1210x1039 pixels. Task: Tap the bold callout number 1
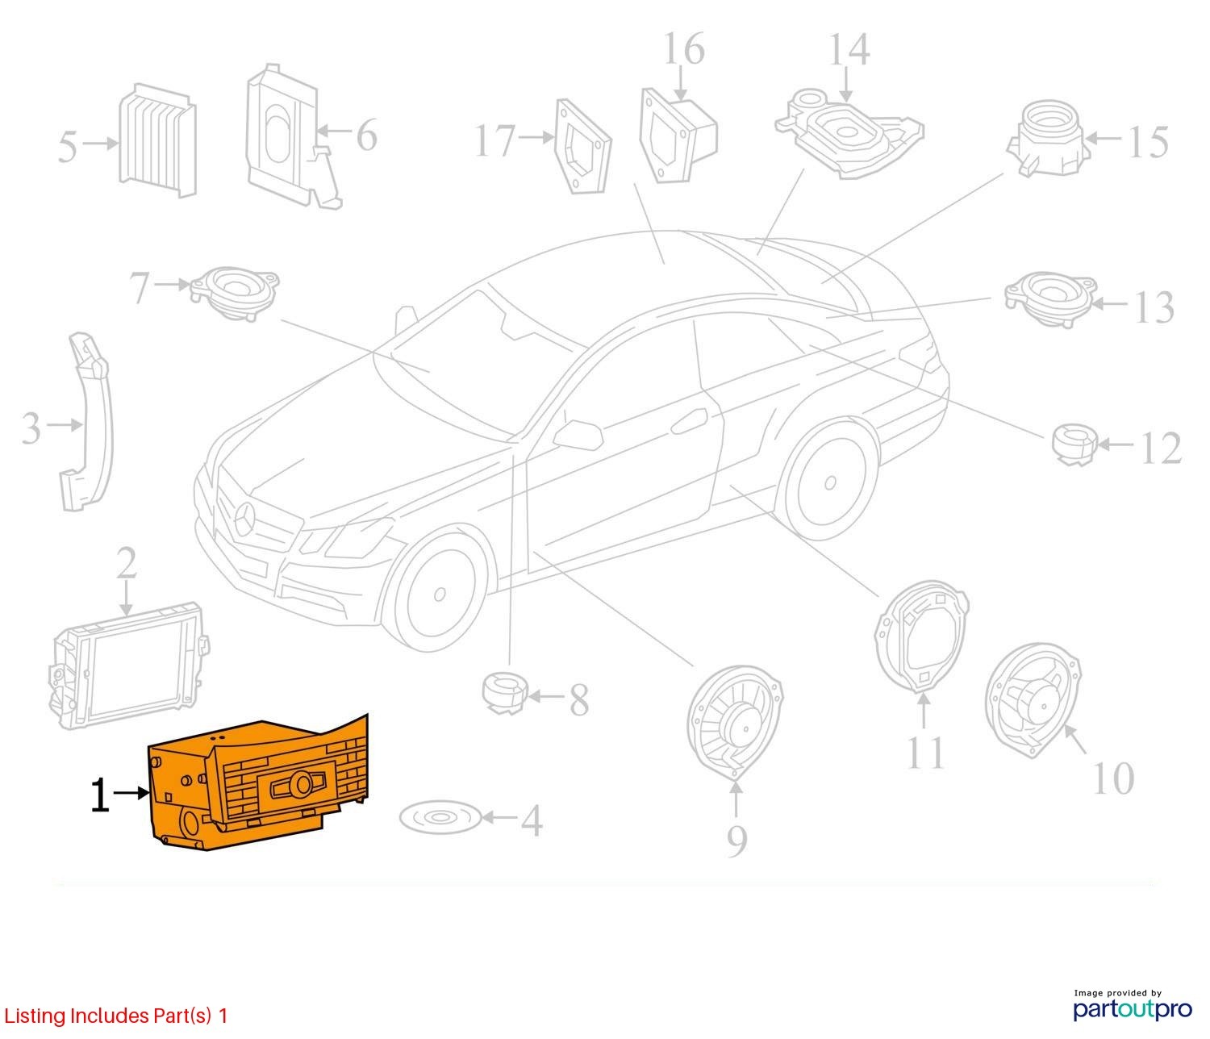(x=100, y=795)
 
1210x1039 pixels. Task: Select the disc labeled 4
(x=440, y=817)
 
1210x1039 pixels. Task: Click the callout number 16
(x=684, y=49)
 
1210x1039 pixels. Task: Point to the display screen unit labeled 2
(x=129, y=666)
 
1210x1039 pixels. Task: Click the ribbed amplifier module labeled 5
(x=157, y=140)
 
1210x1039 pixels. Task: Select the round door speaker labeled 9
(x=735, y=722)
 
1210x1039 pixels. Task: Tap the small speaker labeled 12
(x=1074, y=444)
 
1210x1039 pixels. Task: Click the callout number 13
(x=1154, y=307)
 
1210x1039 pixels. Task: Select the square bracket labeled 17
(x=583, y=147)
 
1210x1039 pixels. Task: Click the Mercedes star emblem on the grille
(x=244, y=519)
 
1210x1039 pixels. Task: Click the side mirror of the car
(x=578, y=434)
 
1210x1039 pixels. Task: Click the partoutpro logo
(x=1132, y=1008)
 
